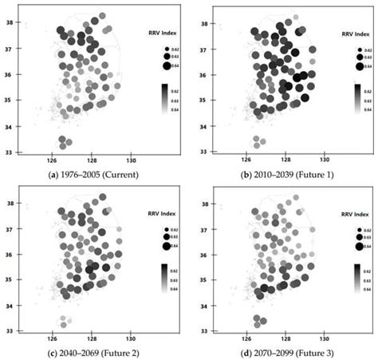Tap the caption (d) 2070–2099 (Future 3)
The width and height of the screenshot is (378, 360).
coord(282,351)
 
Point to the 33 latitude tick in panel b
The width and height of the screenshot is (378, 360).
coord(219,150)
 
